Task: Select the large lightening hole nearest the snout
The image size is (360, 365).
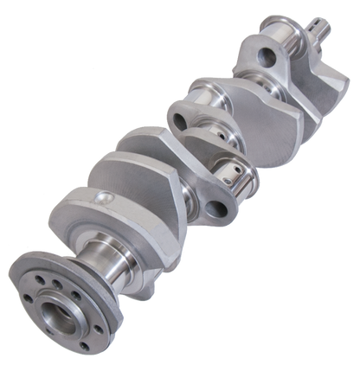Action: click(x=269, y=60)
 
